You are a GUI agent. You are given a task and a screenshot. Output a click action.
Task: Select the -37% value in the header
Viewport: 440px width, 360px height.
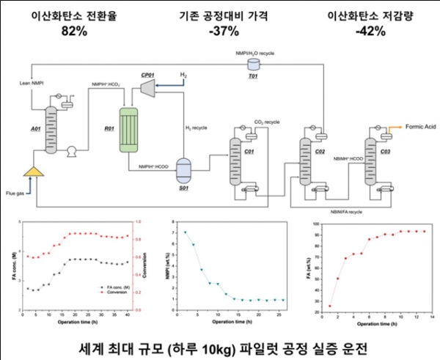(x=220, y=32)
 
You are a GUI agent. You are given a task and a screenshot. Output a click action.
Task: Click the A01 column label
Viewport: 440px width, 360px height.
(x=35, y=128)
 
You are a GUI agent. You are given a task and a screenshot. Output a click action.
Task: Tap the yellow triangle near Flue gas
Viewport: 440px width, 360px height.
(x=32, y=171)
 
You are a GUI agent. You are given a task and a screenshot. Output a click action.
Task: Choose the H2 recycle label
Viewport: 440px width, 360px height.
(x=196, y=128)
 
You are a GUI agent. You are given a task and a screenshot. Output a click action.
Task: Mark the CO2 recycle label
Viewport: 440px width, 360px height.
(x=267, y=121)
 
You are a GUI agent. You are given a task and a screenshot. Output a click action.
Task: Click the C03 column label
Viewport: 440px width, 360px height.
(x=386, y=153)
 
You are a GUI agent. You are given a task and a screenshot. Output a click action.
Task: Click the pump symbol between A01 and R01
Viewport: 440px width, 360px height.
(x=72, y=153)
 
